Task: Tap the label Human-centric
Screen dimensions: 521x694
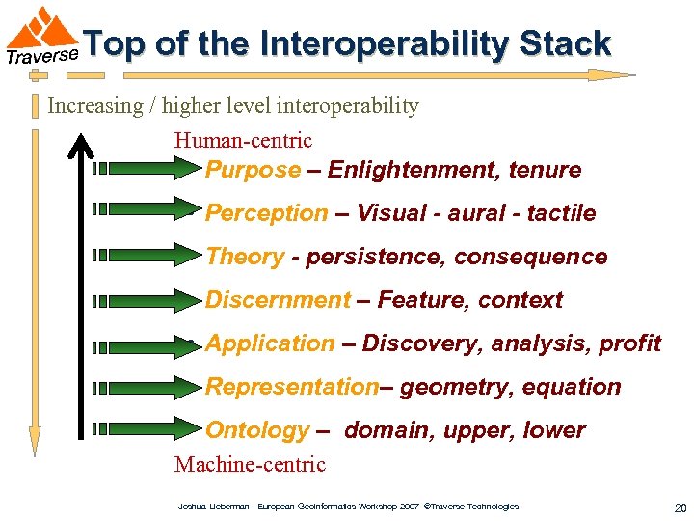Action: (243, 140)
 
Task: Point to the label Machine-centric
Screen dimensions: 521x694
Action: (250, 464)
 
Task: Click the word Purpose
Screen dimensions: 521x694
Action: (253, 170)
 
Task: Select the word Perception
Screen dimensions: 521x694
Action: (266, 213)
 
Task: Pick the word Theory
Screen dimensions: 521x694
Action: (245, 257)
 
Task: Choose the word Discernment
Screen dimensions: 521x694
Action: (278, 300)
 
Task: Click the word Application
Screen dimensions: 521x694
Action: (270, 343)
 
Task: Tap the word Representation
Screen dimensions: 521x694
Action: (292, 387)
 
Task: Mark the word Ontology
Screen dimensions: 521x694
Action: (257, 430)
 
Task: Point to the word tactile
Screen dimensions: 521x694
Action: (561, 213)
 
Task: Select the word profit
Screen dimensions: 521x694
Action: (629, 343)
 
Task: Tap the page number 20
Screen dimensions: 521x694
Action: (681, 507)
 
